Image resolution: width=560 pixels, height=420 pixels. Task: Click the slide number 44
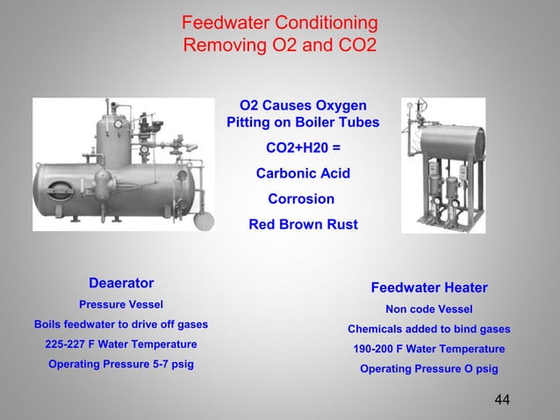click(502, 400)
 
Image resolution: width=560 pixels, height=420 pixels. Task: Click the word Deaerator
click(121, 283)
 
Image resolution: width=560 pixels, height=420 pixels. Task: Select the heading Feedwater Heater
click(429, 288)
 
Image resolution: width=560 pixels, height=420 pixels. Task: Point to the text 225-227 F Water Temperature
click(121, 344)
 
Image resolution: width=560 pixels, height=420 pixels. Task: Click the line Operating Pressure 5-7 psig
click(121, 364)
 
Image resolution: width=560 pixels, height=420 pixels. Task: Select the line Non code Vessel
click(429, 309)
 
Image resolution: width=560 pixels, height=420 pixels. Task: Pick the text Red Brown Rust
click(303, 224)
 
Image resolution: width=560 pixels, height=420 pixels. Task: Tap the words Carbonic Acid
click(303, 173)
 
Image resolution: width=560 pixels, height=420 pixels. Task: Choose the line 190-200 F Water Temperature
click(429, 349)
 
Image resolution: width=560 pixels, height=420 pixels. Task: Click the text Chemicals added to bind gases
click(429, 329)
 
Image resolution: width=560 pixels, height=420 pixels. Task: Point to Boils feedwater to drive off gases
click(121, 323)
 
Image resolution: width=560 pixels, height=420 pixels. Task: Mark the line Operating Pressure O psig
click(429, 369)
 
